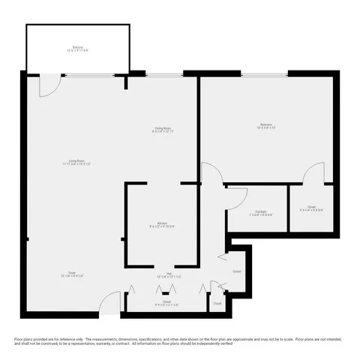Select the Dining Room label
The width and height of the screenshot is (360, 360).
point(163,127)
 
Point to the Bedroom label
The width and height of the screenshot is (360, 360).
point(266,124)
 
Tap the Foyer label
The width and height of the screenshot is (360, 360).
point(72,273)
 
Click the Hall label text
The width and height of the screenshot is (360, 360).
point(169,273)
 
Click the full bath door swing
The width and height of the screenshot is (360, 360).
point(238,197)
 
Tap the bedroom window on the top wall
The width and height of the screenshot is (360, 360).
point(264,73)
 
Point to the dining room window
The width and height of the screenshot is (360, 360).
point(163,73)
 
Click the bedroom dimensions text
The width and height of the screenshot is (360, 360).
point(266,128)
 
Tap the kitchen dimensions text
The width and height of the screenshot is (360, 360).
point(162,226)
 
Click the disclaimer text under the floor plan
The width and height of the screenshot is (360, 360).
point(180,341)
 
